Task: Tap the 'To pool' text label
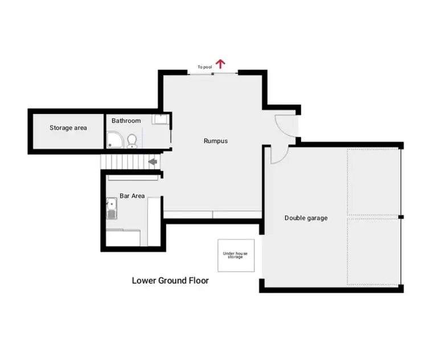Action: [x=204, y=67]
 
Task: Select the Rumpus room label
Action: [x=216, y=140]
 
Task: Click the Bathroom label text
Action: [x=126, y=121]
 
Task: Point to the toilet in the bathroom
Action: [x=132, y=140]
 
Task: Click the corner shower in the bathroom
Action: [x=113, y=140]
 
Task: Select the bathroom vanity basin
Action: [x=160, y=119]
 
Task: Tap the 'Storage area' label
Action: [x=68, y=128]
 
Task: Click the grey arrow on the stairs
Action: [x=153, y=162]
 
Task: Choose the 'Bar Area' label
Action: [x=132, y=196]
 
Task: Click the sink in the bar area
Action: [x=112, y=209]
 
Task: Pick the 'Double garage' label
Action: [x=306, y=218]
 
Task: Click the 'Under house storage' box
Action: [x=236, y=255]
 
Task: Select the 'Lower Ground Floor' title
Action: [x=170, y=280]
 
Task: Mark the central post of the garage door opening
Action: [x=401, y=217]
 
